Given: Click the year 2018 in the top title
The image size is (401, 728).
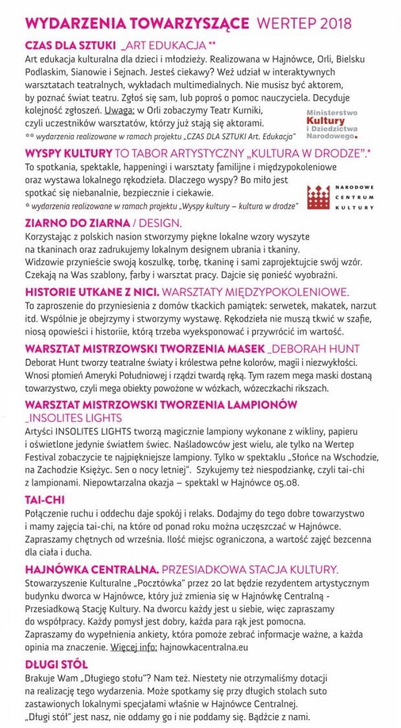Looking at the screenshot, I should pyautogui.click(x=331, y=23).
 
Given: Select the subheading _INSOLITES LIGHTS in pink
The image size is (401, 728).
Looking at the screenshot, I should pyautogui.click(x=73, y=417).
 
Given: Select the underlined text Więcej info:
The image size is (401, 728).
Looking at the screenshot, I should pyautogui.click(x=133, y=647).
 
